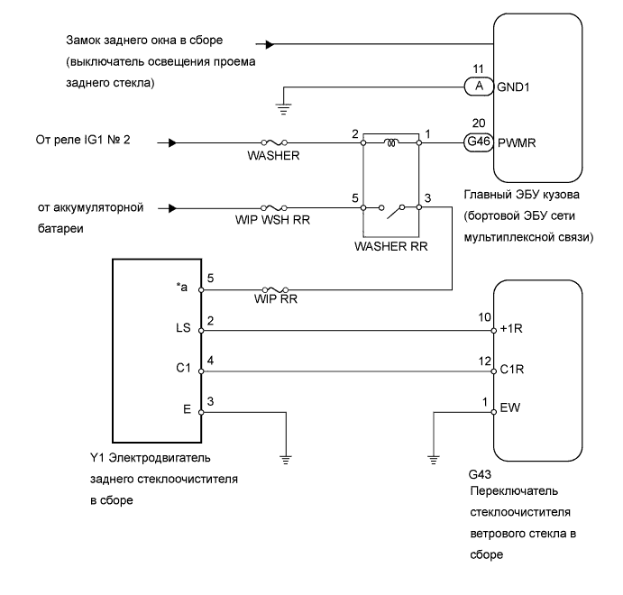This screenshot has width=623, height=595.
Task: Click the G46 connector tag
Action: [x=478, y=142]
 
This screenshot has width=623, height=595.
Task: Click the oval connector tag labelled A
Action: [x=478, y=87]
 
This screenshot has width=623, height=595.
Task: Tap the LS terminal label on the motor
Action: [x=184, y=330]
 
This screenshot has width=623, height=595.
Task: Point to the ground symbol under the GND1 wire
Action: [x=285, y=106]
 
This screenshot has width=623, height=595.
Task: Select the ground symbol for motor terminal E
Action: [x=287, y=456]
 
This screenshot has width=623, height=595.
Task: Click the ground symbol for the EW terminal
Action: [x=434, y=456]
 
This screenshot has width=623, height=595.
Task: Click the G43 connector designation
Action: [x=481, y=473]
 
